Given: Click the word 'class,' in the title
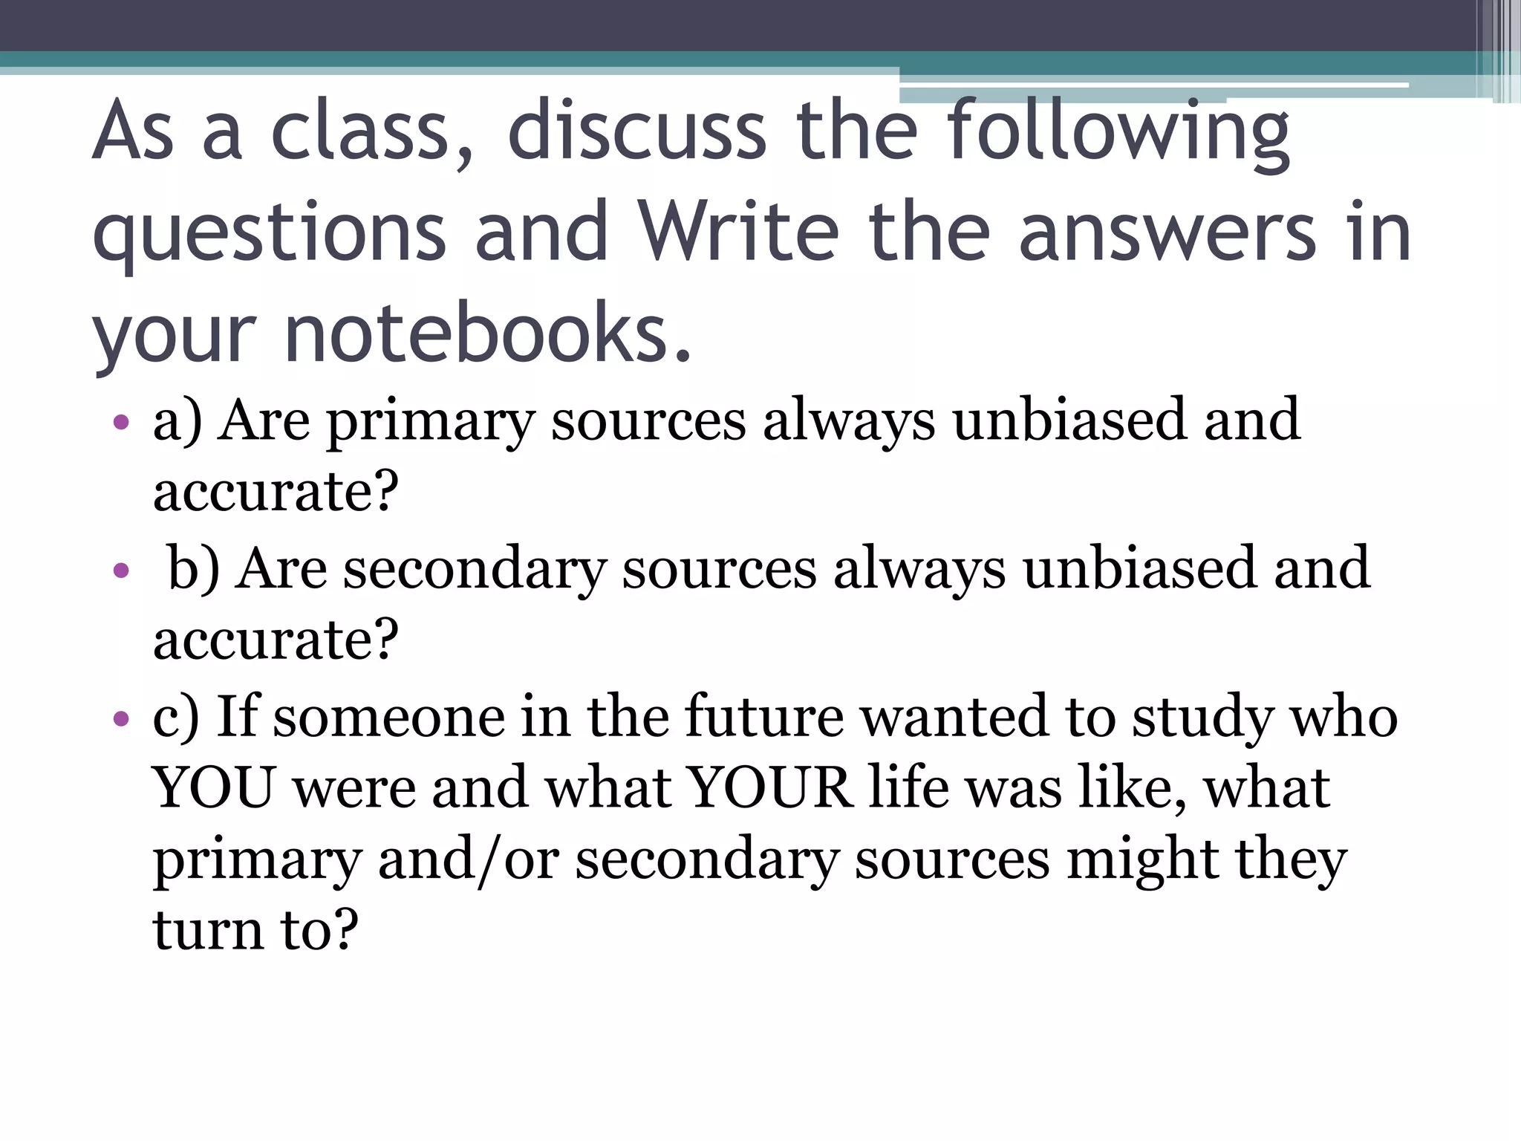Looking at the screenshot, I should point(371,132).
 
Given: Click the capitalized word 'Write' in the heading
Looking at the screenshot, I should point(738,232).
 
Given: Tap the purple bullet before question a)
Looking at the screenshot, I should point(121,423).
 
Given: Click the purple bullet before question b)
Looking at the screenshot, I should point(121,571).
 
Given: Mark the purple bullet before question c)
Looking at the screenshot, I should point(121,718).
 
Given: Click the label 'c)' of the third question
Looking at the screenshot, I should point(176,717).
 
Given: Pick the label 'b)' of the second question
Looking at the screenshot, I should point(194,569).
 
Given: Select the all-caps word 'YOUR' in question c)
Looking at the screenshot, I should point(769,787).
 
